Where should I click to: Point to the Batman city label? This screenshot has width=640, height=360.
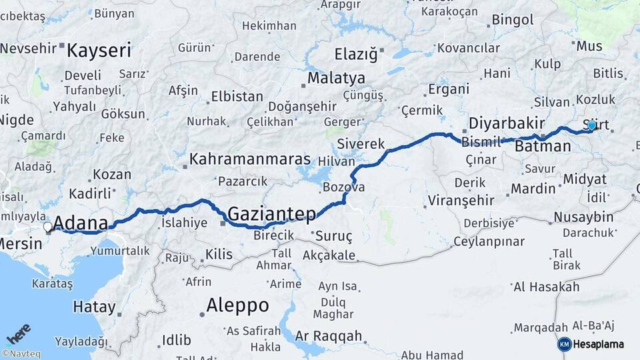pyautogui.click(x=543, y=146)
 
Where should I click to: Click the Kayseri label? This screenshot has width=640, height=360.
pyautogui.click(x=99, y=49)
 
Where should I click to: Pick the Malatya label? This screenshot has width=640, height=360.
pyautogui.click(x=336, y=78)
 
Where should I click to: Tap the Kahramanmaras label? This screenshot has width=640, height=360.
pyautogui.click(x=250, y=159)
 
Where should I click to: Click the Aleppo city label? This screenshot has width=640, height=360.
pyautogui.click(x=237, y=305)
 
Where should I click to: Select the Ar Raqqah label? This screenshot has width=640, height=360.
pyautogui.click(x=328, y=335)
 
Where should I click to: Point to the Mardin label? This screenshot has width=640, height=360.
pyautogui.click(x=533, y=189)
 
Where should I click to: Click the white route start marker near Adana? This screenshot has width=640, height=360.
pyautogui.click(x=48, y=227)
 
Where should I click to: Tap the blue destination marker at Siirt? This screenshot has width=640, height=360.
pyautogui.click(x=591, y=125)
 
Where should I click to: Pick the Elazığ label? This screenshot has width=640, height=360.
pyautogui.click(x=355, y=53)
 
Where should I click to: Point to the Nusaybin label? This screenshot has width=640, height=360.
pyautogui.click(x=583, y=217)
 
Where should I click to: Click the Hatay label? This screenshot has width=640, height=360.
pyautogui.click(x=94, y=307)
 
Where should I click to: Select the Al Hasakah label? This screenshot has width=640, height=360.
pyautogui.click(x=546, y=287)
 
